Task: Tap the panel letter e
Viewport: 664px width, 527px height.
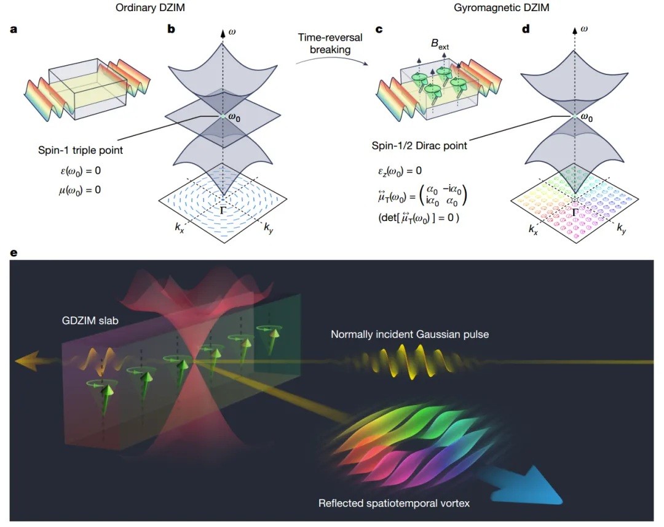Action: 14,253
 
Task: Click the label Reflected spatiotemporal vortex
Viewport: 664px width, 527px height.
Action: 393,503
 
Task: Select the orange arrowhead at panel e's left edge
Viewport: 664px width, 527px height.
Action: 28,360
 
